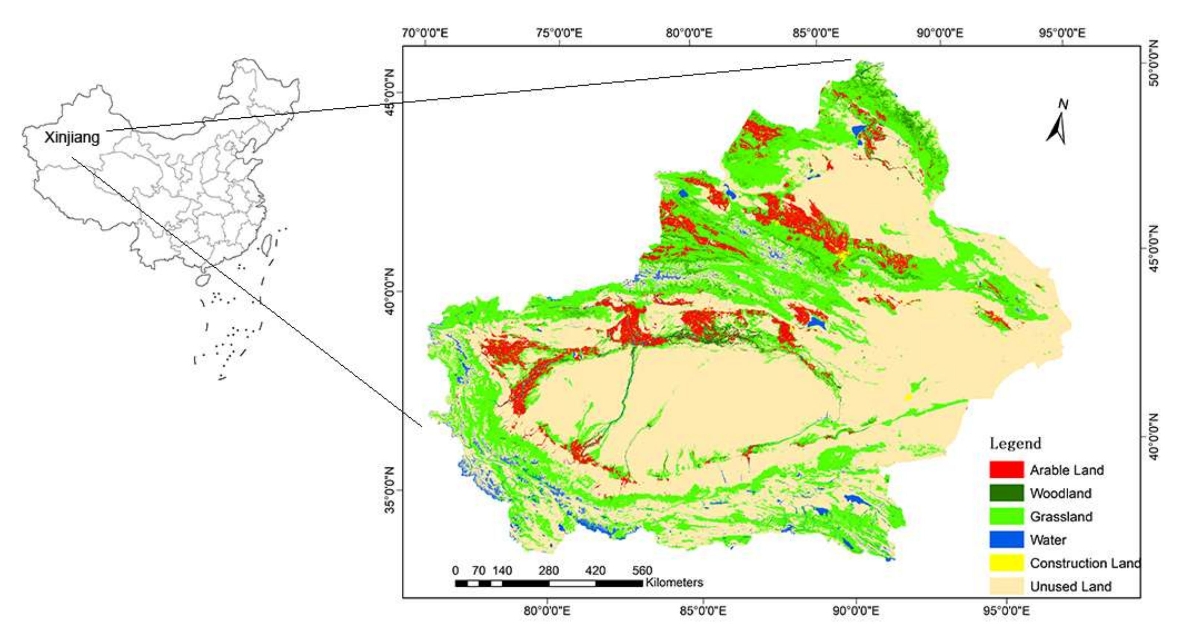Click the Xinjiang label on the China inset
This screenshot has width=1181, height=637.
pyautogui.click(x=72, y=138)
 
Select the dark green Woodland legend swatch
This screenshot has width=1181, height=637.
pyautogui.click(x=1006, y=493)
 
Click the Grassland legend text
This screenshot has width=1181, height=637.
pyautogui.click(x=1061, y=517)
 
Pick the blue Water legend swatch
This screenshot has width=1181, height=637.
pyautogui.click(x=1006, y=540)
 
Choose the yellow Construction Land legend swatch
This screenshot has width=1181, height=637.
pyautogui.click(x=1006, y=563)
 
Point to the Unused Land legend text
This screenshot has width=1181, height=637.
pyautogui.click(x=1071, y=586)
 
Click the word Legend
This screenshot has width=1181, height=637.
pyautogui.click(x=1015, y=443)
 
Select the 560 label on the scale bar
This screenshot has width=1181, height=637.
pyautogui.click(x=642, y=570)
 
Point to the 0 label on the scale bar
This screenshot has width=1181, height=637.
pyautogui.click(x=455, y=570)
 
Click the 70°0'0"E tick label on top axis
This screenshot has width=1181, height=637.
pyautogui.click(x=425, y=33)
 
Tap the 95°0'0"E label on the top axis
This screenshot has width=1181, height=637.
pyautogui.click(x=1062, y=33)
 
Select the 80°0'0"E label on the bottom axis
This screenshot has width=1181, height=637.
pyautogui.click(x=547, y=611)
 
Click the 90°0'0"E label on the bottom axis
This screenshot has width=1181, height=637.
pyautogui.click(x=856, y=611)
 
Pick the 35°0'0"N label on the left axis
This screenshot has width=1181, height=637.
pyautogui.click(x=389, y=490)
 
